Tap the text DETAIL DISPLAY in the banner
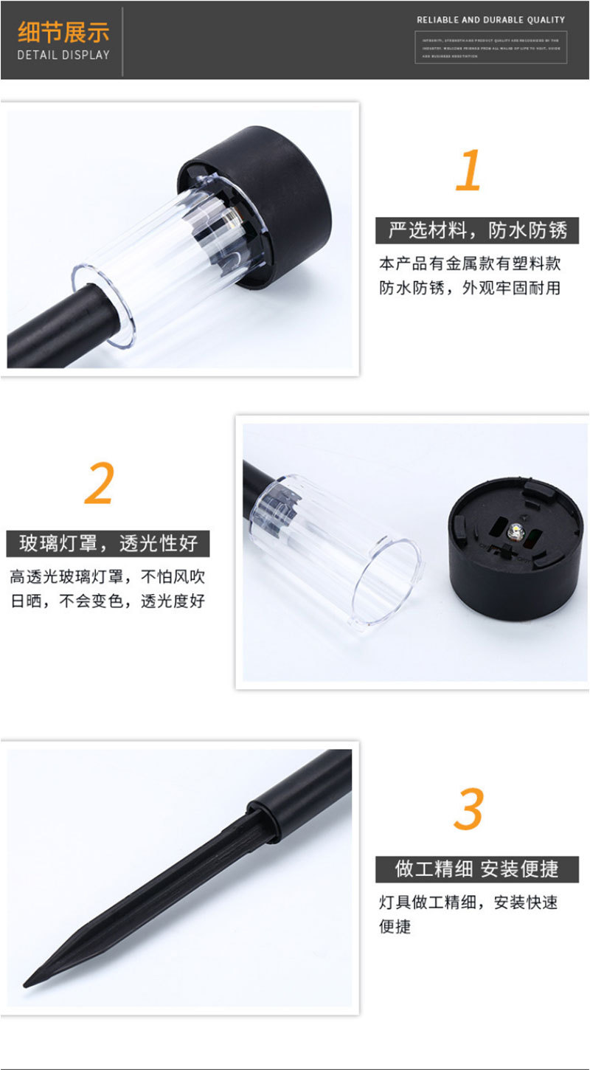tap(63, 55)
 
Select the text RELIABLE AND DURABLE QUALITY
tap(490, 20)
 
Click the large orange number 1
tap(468, 170)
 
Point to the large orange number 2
tap(100, 484)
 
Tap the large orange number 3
tap(468, 809)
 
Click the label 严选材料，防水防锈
tap(477, 231)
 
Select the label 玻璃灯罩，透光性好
tap(108, 544)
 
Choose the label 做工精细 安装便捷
tap(476, 869)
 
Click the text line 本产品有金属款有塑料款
tap(470, 263)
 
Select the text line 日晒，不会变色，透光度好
tap(108, 601)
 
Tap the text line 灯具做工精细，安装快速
tap(468, 902)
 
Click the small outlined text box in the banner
tap(490, 47)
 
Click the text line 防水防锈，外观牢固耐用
tap(470, 288)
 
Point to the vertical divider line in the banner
tap(122, 41)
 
